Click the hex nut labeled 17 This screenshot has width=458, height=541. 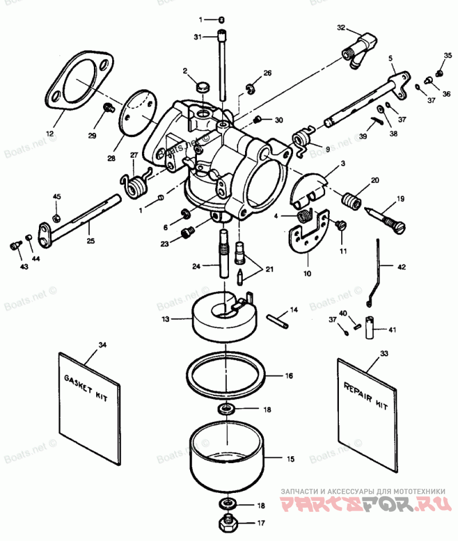click(228, 523)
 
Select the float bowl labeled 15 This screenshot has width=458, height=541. click(228, 461)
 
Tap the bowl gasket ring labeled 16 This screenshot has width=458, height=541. click(227, 376)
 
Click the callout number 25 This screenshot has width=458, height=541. click(90, 240)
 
